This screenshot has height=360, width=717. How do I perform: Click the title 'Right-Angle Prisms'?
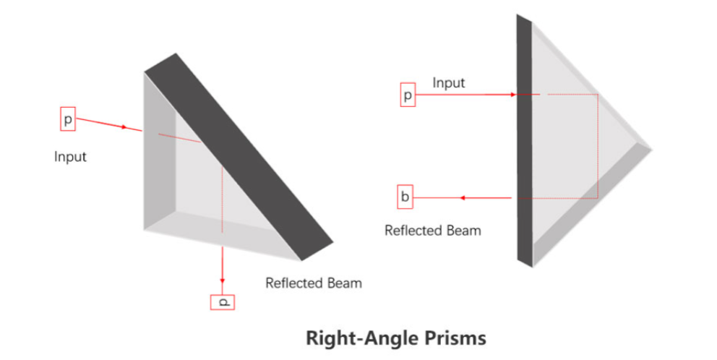click(x=395, y=338)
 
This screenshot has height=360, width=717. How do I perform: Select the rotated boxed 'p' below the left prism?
click(x=223, y=301)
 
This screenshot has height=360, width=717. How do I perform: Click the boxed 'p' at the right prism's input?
click(x=408, y=95)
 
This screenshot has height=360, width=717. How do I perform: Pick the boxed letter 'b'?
click(x=405, y=197)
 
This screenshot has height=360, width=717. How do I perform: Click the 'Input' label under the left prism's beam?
click(x=70, y=156)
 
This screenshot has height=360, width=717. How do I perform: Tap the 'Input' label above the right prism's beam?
click(x=449, y=83)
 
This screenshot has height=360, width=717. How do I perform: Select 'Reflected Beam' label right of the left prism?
click(x=314, y=283)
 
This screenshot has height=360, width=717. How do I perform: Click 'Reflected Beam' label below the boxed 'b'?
click(x=432, y=231)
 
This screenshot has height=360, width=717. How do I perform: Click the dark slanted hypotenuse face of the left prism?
click(x=239, y=155)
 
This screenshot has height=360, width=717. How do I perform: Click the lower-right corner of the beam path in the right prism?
click(x=597, y=197)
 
